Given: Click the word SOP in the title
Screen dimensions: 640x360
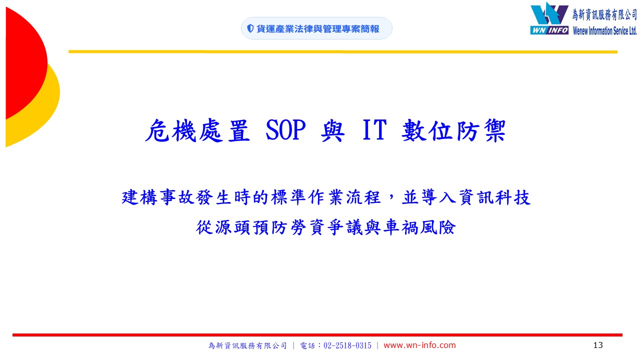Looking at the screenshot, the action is pyautogui.click(x=285, y=130).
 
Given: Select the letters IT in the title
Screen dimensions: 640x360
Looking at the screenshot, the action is pyautogui.click(x=374, y=130).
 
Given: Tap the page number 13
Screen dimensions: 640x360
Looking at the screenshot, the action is pyautogui.click(x=598, y=345).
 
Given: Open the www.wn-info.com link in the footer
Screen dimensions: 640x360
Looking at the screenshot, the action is pyautogui.click(x=419, y=345).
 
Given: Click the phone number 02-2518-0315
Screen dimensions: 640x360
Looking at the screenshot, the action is pyautogui.click(x=347, y=345).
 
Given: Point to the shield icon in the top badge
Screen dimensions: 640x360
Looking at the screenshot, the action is pyautogui.click(x=250, y=28).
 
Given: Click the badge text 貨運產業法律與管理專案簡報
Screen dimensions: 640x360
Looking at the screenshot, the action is pyautogui.click(x=317, y=29).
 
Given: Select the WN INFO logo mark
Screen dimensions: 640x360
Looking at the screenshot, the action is pyautogui.click(x=549, y=18).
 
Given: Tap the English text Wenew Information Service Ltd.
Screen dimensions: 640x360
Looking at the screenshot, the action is pyautogui.click(x=604, y=30).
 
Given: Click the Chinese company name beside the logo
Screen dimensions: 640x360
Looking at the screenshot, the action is pyautogui.click(x=604, y=14).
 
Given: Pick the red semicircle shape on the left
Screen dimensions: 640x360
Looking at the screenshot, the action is pyautogui.click(x=26, y=63).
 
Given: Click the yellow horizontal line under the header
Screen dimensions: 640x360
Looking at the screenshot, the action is pyautogui.click(x=343, y=51).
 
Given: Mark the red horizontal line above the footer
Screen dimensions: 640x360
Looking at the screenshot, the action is pyautogui.click(x=317, y=335).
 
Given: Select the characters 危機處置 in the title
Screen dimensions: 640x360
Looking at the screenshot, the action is pyautogui.click(x=197, y=130).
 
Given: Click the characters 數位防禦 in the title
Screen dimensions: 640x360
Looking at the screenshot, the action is pyautogui.click(x=453, y=130).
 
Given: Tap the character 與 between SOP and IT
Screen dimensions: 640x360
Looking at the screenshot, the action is pyautogui.click(x=332, y=130).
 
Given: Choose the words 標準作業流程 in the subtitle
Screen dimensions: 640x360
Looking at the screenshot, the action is pyautogui.click(x=326, y=197).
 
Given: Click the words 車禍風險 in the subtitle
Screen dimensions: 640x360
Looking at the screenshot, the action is pyautogui.click(x=419, y=227).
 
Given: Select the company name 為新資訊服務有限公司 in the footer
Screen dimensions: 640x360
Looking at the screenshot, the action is pyautogui.click(x=247, y=345).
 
